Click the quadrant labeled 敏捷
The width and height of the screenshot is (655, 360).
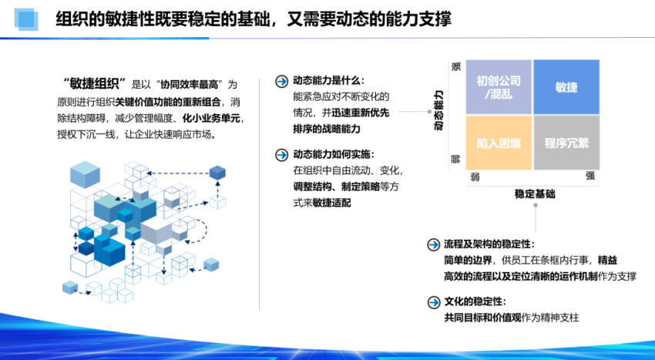coord(566,86)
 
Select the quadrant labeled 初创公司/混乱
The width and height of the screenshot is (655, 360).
coord(499,86)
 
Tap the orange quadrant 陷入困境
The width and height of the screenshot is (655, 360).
coord(499,143)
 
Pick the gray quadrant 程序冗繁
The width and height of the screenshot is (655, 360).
coord(566,143)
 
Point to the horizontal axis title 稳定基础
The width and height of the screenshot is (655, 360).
coord(534,194)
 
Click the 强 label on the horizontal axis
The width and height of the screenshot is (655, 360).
coord(589,177)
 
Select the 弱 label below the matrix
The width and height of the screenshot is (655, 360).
coord(475,177)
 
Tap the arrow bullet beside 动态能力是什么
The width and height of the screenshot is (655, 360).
coord(280,81)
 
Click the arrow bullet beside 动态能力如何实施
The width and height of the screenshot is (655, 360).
coord(280,153)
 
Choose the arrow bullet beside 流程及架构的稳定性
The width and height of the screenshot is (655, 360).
coord(432,244)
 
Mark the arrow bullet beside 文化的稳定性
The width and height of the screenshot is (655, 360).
coord(432,301)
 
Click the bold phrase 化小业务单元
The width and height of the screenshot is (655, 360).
coord(212,118)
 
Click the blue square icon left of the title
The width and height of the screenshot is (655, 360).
coord(25,19)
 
